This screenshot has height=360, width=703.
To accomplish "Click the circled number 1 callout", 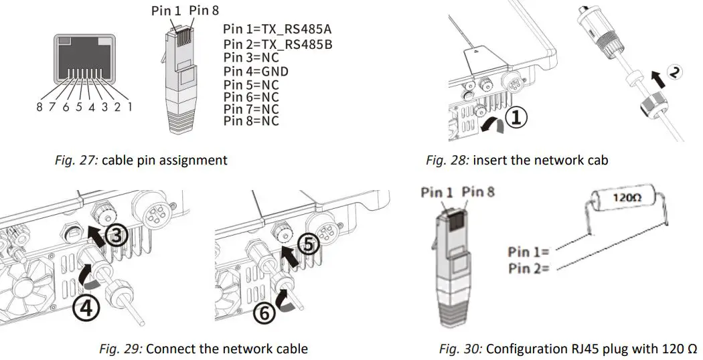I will tap(517, 118).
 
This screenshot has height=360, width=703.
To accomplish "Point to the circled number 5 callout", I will tap(309, 246).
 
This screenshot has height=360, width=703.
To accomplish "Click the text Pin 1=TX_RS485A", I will tap(277, 30).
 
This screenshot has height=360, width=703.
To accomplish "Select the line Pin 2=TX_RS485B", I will tap(277, 44).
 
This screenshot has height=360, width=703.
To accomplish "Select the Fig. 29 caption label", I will tap(121, 349).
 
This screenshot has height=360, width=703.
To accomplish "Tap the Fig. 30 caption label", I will tap(460, 349).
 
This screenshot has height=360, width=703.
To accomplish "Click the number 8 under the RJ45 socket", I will tap(39, 106).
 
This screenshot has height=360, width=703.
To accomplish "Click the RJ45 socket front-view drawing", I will tap(84, 63).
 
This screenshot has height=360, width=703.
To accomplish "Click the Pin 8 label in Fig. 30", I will tap(479, 193).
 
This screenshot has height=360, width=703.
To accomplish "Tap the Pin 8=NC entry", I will tap(251, 121).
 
